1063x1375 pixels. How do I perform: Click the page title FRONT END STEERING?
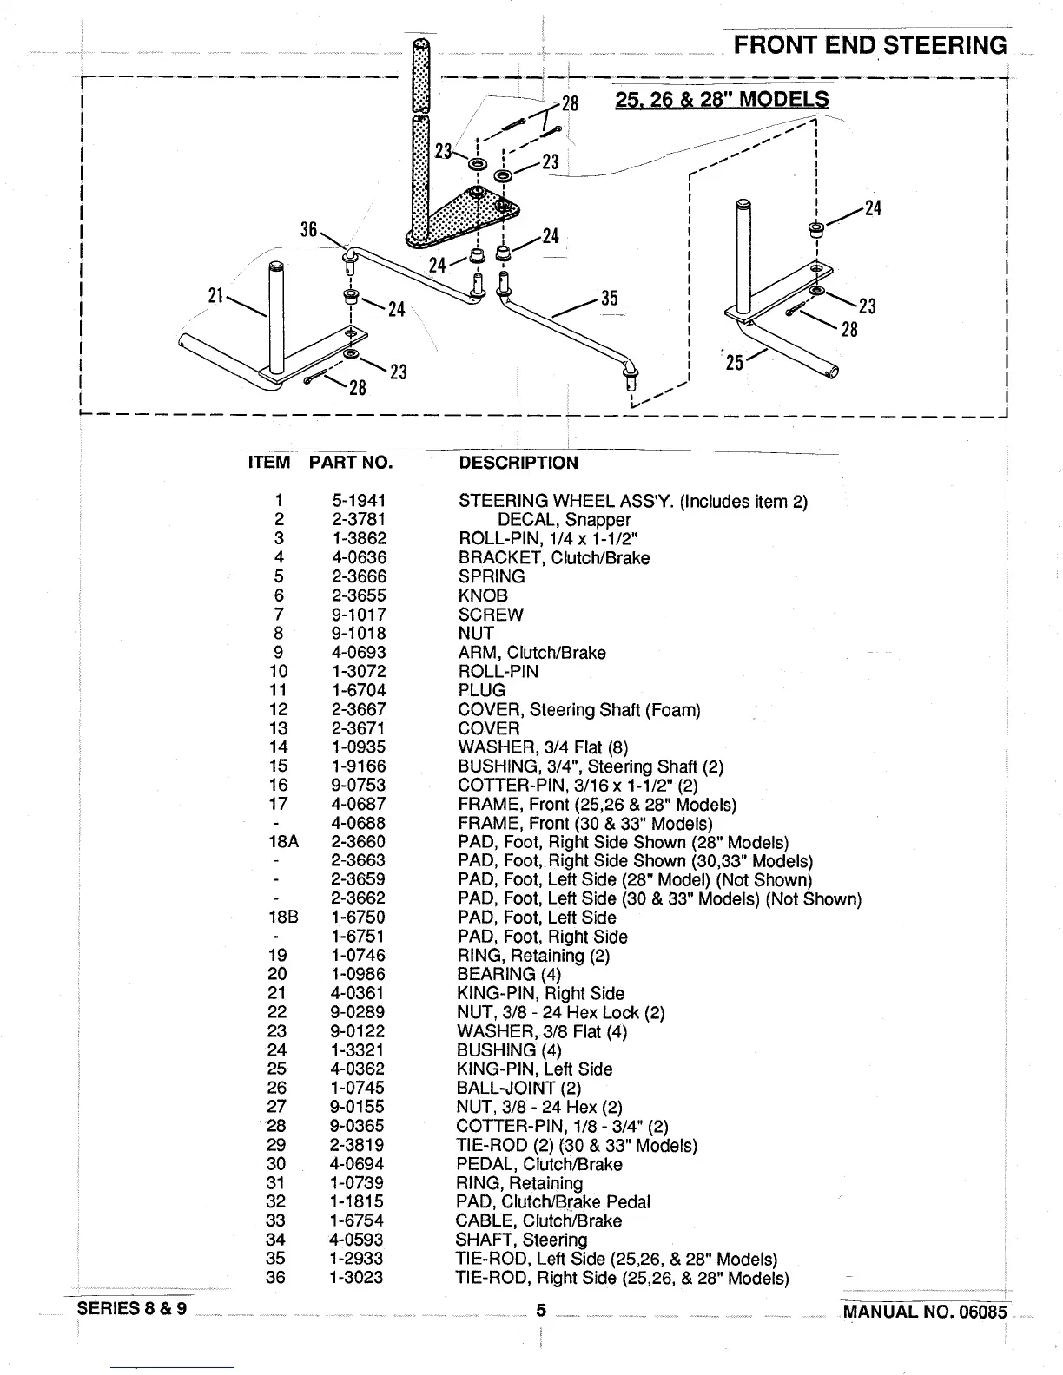[x=870, y=45]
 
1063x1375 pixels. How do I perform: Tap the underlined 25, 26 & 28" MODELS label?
[x=721, y=99]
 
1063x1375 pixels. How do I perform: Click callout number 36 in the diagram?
[x=309, y=229]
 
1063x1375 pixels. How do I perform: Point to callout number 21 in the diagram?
[x=216, y=296]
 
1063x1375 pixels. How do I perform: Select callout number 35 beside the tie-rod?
[x=609, y=299]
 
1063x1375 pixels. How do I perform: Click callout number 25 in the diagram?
[x=735, y=362]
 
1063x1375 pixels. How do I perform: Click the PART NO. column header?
[x=351, y=463]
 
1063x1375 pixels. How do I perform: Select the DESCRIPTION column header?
[x=518, y=463]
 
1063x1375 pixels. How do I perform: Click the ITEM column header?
[x=269, y=463]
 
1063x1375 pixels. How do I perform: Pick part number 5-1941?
[x=359, y=501]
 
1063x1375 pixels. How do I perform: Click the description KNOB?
[x=483, y=595]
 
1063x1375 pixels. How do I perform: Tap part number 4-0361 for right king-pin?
[x=359, y=993]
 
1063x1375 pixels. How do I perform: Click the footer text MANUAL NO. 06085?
[x=924, y=1311]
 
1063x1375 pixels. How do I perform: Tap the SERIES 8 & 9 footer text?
[x=132, y=1309]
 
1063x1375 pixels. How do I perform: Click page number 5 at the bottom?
[x=540, y=1311]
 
